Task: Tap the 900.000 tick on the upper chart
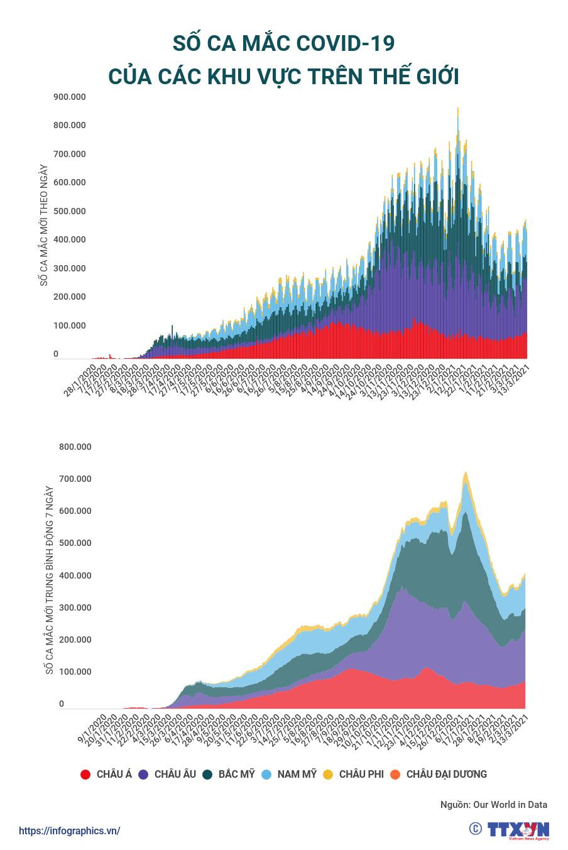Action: [70, 97]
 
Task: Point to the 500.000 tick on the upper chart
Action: [70, 211]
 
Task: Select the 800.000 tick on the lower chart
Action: [75, 447]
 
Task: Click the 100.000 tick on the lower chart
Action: [75, 672]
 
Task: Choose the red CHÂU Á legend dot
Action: [85, 775]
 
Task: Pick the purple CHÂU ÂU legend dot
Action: [143, 775]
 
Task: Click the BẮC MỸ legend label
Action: [236, 774]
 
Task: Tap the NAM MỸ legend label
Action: [297, 774]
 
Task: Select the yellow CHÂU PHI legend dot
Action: [328, 775]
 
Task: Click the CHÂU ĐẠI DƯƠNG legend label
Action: [446, 774]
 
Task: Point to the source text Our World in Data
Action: [510, 804]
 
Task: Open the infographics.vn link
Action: [69, 831]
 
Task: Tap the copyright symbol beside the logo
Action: [476, 829]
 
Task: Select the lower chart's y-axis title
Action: [49, 581]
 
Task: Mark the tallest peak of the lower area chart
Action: [465, 472]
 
